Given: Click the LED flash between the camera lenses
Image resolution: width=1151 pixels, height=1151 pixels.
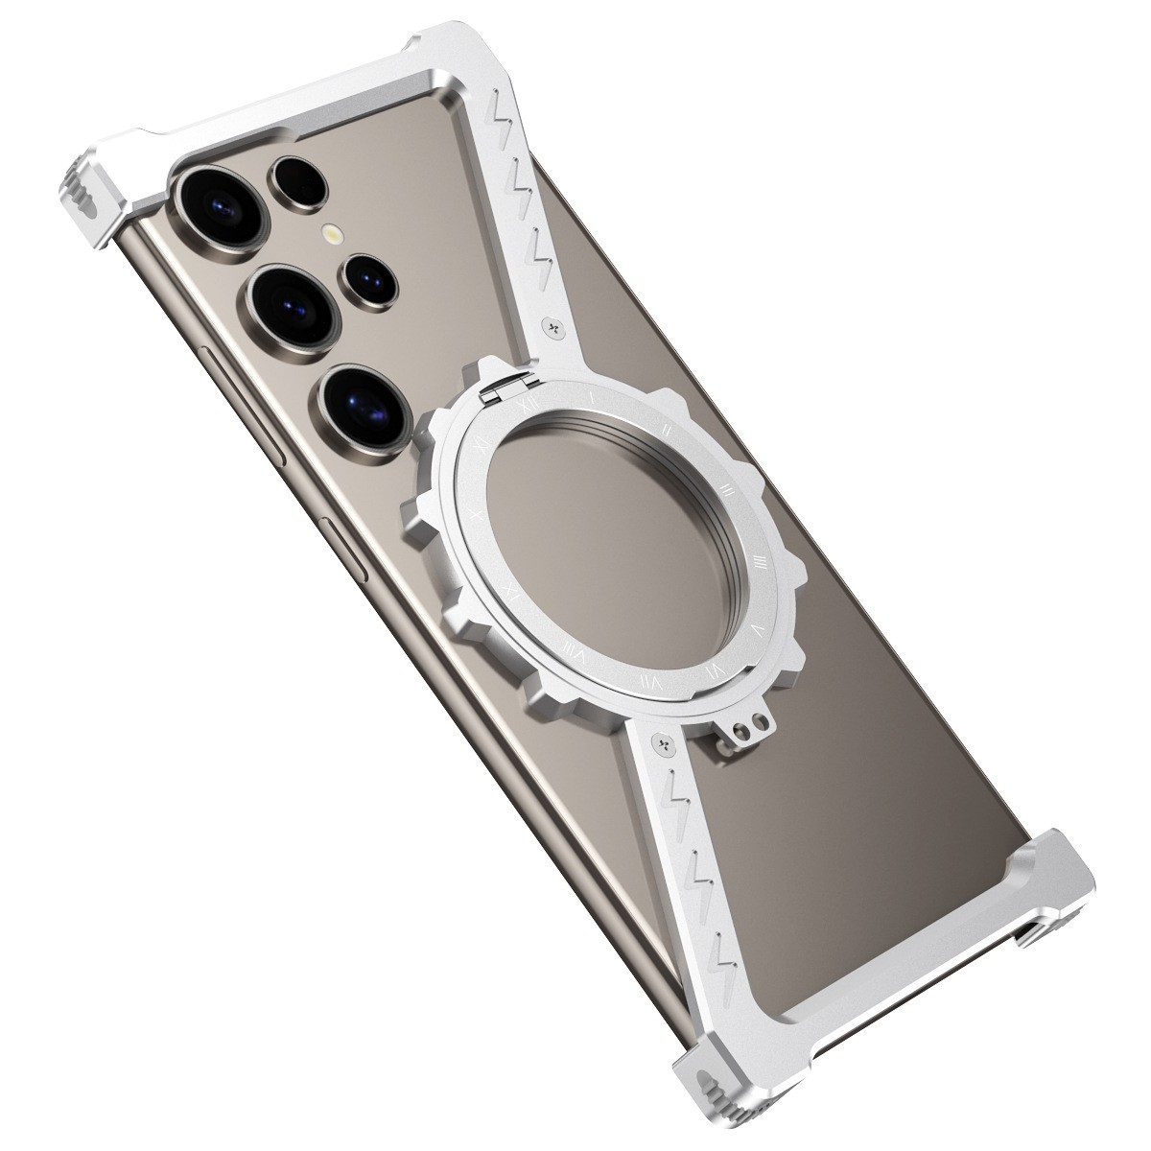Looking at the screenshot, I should (x=333, y=233).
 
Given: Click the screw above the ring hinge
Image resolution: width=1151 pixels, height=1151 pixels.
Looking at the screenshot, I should (x=552, y=327).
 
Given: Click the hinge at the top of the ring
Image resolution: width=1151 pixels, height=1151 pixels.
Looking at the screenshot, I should (x=505, y=389).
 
